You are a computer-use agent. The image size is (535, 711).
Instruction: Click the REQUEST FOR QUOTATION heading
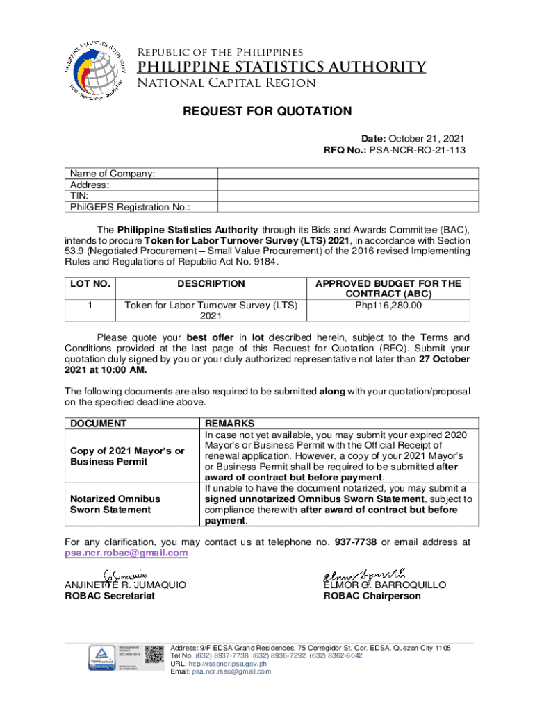point(267,111)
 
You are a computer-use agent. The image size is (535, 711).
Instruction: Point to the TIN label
point(78,196)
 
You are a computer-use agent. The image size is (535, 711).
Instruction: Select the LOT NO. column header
point(90,283)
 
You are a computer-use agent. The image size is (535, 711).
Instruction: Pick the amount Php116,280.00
point(388,305)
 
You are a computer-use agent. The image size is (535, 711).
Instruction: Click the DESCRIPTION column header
point(211,283)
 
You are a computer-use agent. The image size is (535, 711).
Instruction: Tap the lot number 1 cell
point(90,305)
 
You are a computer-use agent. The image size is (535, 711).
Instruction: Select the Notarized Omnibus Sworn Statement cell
point(114,504)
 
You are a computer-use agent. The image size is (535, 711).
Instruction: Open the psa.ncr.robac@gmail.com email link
point(126,553)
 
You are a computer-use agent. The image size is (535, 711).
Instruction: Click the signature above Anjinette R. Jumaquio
point(124,574)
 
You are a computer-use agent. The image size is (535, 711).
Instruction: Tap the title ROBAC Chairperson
point(372,596)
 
